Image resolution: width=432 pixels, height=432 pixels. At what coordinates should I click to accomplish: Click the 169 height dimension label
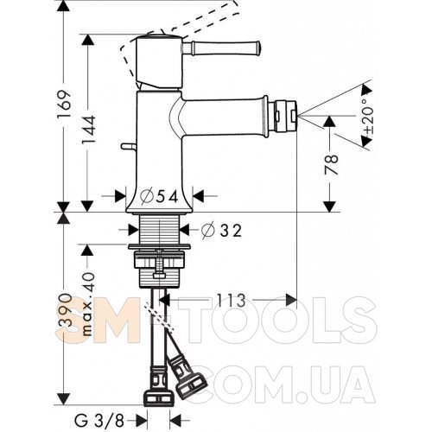[x=64, y=105]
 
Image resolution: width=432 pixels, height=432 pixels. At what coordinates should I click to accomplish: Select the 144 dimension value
[x=88, y=130]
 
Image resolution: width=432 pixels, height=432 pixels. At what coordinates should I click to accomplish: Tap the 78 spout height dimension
[x=331, y=165]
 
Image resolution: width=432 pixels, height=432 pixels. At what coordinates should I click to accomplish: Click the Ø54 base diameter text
[x=159, y=196]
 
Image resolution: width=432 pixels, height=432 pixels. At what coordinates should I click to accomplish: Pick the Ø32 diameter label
[x=221, y=230]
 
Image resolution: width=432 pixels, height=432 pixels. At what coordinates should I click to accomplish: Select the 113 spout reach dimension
[x=231, y=300]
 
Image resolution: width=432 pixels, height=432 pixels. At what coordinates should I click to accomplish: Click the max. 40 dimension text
[x=87, y=304]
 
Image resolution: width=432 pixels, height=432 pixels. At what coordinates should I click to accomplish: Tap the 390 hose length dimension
[x=64, y=310]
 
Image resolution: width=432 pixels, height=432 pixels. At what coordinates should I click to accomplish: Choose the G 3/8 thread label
[x=99, y=422]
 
